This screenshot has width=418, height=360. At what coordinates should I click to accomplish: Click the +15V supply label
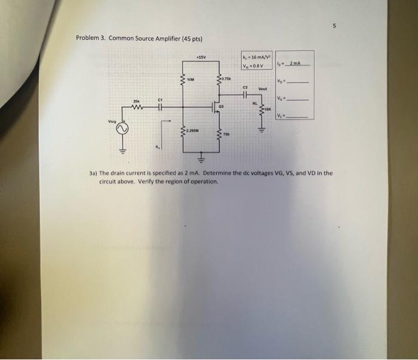[201, 58]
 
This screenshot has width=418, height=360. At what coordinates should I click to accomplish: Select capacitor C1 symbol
[160, 108]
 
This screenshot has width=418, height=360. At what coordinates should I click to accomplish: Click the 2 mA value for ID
[297, 64]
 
